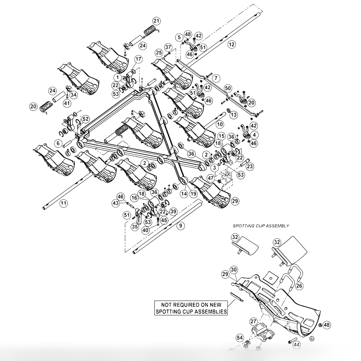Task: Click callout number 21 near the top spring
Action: (x=156, y=21)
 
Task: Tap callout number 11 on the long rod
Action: (x=64, y=203)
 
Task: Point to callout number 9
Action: (x=180, y=226)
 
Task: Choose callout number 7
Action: (x=216, y=78)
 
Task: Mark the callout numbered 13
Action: (x=234, y=115)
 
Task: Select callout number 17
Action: (x=138, y=59)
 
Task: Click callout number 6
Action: (x=58, y=144)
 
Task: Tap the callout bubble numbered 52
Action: (x=85, y=119)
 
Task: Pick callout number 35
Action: (x=134, y=227)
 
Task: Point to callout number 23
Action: (x=250, y=166)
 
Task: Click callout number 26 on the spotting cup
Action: (x=299, y=285)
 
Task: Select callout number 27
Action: (x=253, y=321)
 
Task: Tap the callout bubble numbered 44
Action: (x=296, y=345)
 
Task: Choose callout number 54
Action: (x=240, y=338)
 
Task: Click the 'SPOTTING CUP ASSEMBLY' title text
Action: (x=261, y=226)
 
